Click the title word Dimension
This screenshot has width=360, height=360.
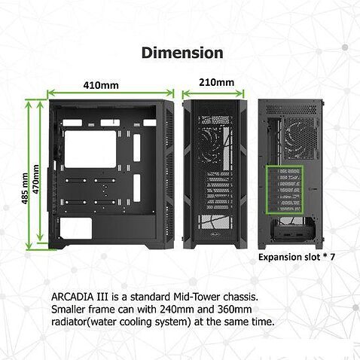(182, 53)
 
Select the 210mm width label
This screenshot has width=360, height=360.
(215, 81)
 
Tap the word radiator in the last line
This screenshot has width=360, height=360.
(72, 322)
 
